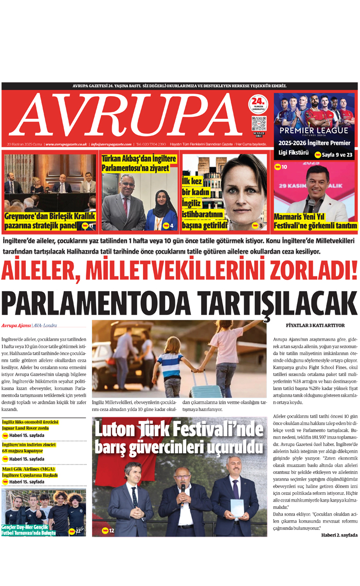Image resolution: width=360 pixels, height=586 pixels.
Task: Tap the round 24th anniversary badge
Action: pos(259,104)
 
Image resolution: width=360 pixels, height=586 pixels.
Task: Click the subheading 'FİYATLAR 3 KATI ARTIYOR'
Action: pos(315,326)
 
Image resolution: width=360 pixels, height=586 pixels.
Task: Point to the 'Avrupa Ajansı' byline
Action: pos(16,326)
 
